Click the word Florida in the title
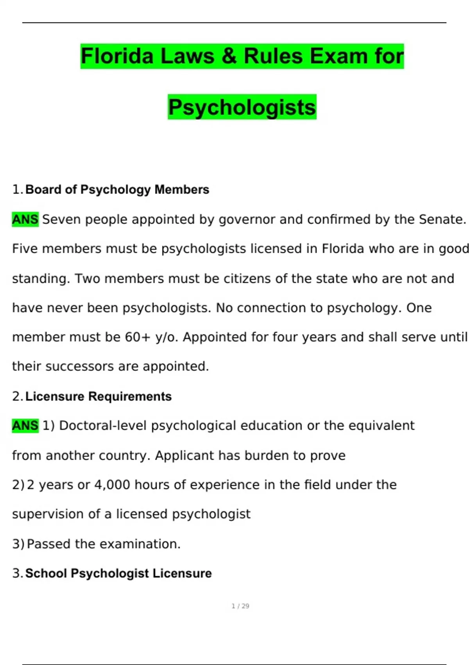117,56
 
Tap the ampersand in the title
229,56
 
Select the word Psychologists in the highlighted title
242,107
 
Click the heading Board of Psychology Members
117,190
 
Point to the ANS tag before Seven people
25,219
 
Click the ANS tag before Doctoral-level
25,426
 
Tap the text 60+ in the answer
138,337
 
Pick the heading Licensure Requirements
98,397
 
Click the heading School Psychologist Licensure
118,573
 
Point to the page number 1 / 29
240,606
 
